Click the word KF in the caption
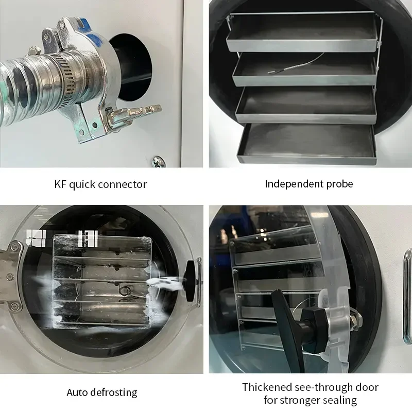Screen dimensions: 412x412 pos(61,184)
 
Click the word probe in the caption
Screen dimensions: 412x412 pos(339,184)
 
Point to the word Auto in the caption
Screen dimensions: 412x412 pos(75,392)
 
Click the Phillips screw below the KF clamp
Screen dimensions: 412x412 pos(159,161)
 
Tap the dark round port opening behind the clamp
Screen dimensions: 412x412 pos(132,67)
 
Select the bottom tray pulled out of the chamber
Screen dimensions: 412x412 pos(306,145)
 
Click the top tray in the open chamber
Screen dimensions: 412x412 pos(302,31)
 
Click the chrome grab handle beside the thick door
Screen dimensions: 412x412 pos(407,297)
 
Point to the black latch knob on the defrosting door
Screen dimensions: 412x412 pos(190,281)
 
